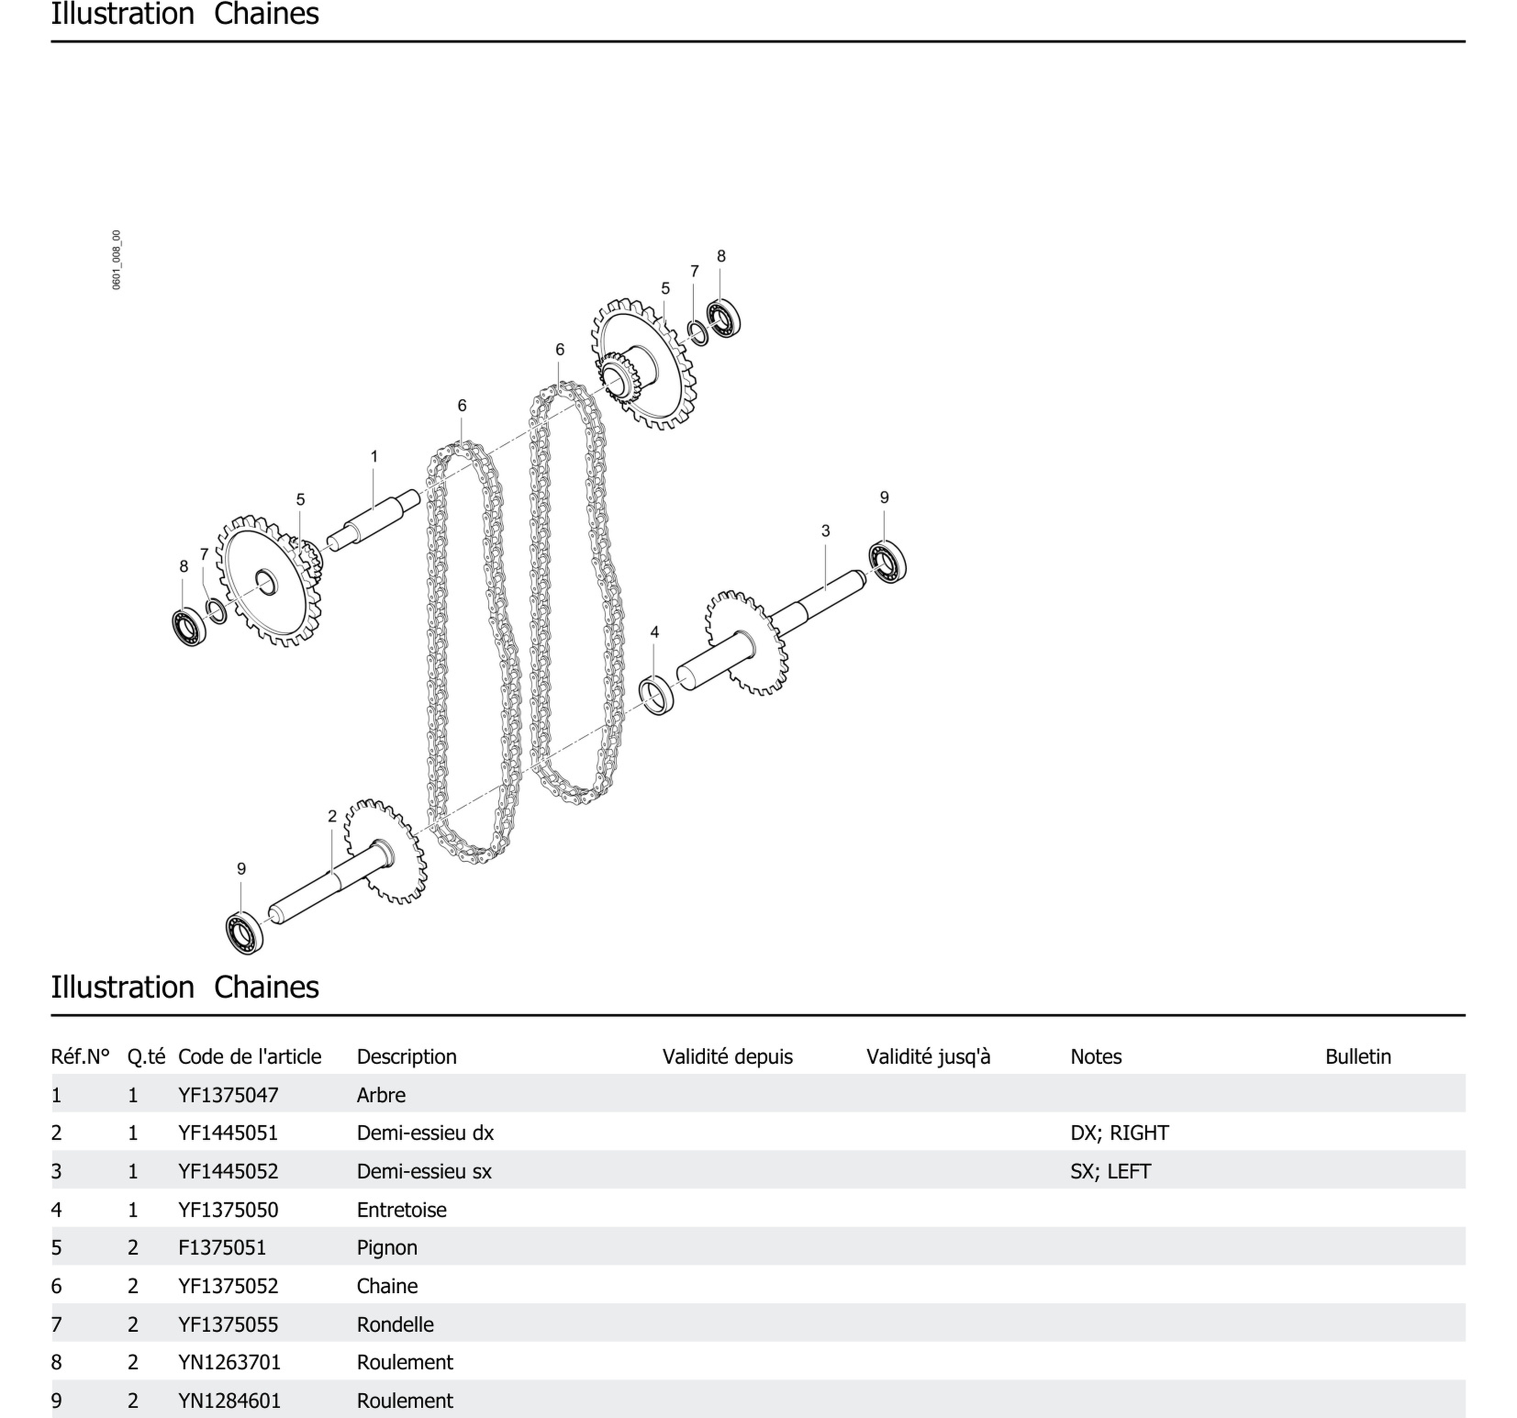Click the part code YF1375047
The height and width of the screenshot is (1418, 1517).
(228, 1095)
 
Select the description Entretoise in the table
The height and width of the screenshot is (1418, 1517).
(402, 1210)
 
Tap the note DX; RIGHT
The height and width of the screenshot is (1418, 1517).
(1119, 1133)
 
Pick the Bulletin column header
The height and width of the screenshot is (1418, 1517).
(1357, 1057)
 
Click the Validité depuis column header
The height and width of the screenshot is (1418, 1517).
(727, 1057)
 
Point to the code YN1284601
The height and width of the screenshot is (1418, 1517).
(230, 1401)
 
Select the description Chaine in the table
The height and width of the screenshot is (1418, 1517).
(387, 1286)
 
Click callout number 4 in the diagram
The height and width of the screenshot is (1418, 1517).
(654, 632)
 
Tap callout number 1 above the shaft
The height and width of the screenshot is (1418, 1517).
(374, 457)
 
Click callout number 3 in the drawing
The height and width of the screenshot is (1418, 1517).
(825, 530)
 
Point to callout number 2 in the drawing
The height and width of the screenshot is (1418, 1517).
(332, 816)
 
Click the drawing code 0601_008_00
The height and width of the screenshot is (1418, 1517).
(116, 259)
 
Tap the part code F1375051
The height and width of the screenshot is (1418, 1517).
(222, 1248)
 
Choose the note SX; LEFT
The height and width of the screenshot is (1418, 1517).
(1110, 1172)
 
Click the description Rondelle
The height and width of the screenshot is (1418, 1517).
(395, 1324)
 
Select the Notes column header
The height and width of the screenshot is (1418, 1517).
(1096, 1057)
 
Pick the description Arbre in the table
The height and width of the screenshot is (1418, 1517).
(381, 1095)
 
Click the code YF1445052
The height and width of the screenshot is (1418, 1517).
(228, 1172)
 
